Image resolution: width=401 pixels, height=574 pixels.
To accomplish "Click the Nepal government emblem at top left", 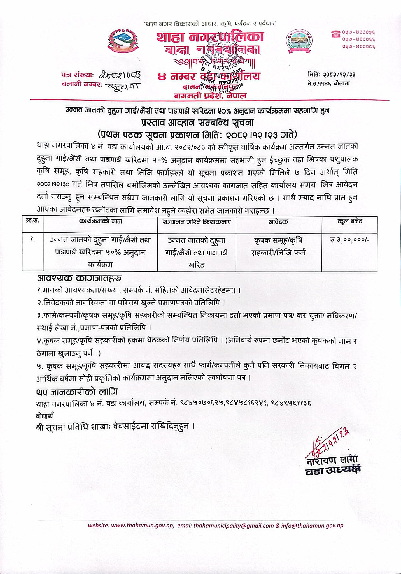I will (123, 42).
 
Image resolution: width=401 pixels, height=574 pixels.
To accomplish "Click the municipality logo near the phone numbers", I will (299, 42).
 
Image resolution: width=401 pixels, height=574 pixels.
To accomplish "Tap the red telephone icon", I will (335, 34).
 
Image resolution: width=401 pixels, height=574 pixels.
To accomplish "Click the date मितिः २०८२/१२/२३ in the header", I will (332, 75).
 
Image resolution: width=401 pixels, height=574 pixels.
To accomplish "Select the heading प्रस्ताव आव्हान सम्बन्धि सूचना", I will (197, 122).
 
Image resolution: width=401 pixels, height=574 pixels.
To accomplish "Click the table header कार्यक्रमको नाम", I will (100, 221).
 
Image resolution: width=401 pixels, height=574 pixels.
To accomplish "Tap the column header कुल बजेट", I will (349, 221).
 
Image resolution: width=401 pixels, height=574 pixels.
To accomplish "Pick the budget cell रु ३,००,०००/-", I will (349, 240).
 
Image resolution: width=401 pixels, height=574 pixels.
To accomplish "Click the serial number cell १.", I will (32, 240).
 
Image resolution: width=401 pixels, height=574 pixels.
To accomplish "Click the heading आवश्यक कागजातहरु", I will (79, 278).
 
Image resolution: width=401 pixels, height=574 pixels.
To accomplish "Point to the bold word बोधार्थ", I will (45, 416).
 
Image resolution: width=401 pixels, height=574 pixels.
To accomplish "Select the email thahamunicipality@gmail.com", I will (233, 526).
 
